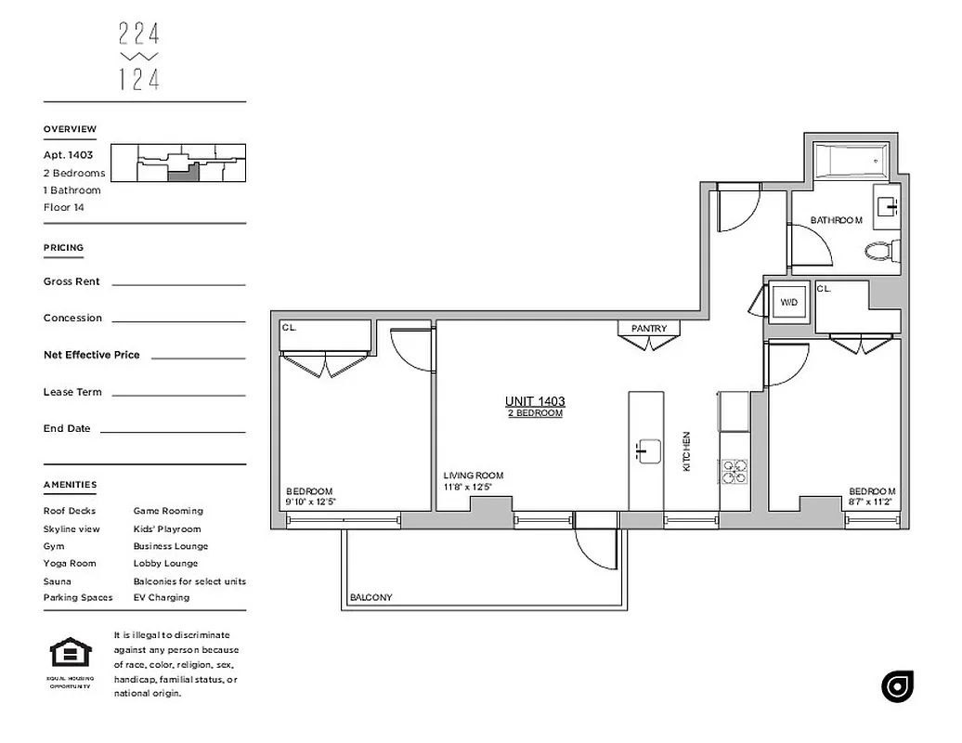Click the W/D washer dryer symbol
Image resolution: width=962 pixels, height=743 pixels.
788,303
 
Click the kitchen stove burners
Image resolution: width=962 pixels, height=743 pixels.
734,472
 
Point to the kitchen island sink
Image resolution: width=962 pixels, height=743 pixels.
647,450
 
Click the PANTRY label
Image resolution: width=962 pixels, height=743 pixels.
649,329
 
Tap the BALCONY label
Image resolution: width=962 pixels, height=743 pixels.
371,598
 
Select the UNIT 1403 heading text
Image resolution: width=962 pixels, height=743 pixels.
535,401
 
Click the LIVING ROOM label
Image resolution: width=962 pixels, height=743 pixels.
474,476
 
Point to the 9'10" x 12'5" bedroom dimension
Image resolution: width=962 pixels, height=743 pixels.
310,502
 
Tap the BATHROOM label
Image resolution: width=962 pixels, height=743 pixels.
837,221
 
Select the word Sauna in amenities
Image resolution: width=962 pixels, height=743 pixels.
58,581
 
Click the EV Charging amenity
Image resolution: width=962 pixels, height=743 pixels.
162,598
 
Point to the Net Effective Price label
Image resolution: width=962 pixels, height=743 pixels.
92,355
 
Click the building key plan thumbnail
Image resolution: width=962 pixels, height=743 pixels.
178,164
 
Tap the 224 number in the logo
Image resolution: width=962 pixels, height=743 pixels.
139,34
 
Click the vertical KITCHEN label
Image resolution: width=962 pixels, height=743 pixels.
687,451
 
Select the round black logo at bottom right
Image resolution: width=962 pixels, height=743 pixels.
898,685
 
